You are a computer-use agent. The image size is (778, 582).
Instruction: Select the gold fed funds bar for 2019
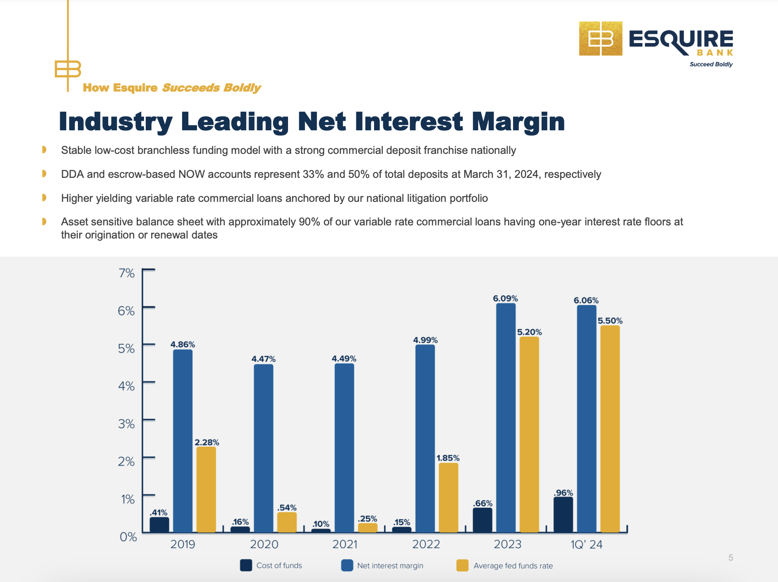click(206, 489)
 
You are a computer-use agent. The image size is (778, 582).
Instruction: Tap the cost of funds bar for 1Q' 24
click(563, 515)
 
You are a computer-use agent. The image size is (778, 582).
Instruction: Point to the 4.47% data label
click(264, 359)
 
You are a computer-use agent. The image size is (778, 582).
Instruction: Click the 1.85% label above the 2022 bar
click(448, 458)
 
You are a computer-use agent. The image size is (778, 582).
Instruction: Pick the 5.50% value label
click(610, 321)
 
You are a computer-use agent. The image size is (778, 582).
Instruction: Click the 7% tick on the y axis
click(127, 273)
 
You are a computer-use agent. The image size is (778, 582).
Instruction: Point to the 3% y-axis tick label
click(127, 424)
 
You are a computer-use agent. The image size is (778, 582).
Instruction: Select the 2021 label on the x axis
click(345, 544)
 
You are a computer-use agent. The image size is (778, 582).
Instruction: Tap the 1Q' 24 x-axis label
click(587, 544)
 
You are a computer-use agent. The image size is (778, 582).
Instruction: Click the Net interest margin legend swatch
click(347, 565)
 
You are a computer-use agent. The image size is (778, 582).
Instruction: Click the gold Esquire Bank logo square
click(600, 38)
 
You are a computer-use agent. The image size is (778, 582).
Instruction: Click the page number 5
click(730, 558)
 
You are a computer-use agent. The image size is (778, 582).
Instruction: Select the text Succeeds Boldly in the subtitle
click(211, 88)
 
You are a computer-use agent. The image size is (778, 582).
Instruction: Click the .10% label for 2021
click(321, 524)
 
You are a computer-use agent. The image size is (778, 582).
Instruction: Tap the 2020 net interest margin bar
click(264, 448)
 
